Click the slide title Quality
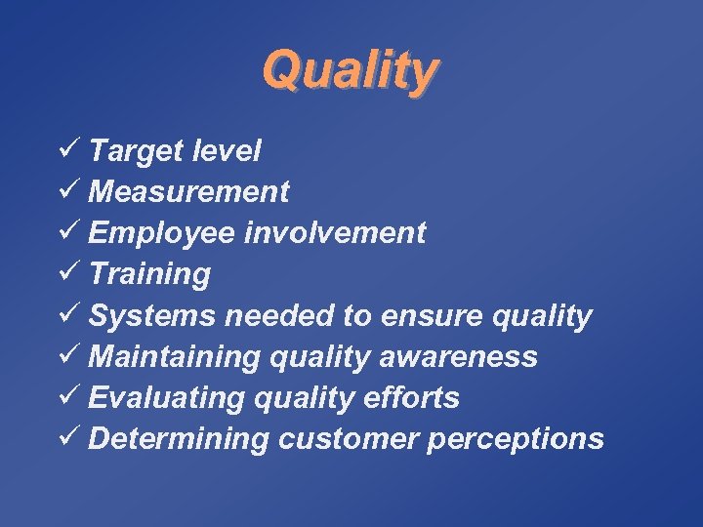pos(351,71)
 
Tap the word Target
pos(133,151)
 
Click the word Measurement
pos(188,191)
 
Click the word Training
pos(148,274)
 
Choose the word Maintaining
pos(173,357)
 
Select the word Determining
pos(178,439)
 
